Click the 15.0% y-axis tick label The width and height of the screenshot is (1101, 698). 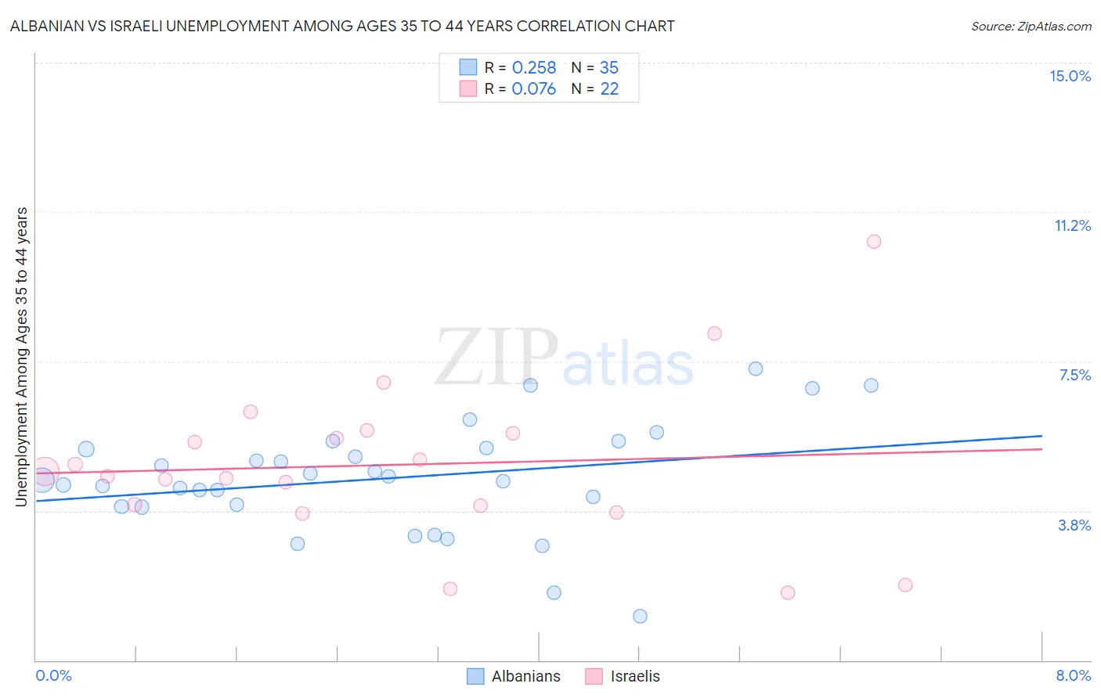[x=1070, y=76]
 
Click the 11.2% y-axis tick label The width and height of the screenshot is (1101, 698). [x=1072, y=225]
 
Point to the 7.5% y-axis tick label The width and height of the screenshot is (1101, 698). [x=1074, y=375]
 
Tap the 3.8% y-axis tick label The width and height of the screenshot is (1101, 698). [x=1074, y=525]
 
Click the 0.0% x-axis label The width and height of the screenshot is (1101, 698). [x=53, y=675]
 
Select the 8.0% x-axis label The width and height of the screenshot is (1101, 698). [x=1073, y=675]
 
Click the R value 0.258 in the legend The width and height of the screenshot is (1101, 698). [x=533, y=68]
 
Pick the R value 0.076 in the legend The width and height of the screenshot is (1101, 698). [x=533, y=89]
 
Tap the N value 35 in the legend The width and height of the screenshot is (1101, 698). [x=608, y=68]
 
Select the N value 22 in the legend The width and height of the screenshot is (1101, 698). [x=608, y=89]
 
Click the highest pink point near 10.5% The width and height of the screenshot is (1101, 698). [x=874, y=242]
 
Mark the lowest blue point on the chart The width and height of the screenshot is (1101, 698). [x=640, y=616]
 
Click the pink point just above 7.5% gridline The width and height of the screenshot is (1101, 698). [x=714, y=333]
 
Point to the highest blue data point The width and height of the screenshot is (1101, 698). [x=756, y=369]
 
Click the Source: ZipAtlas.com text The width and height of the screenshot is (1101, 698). [x=1031, y=27]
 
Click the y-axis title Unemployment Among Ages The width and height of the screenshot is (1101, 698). [x=22, y=357]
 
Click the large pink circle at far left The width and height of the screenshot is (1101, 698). [x=44, y=473]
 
